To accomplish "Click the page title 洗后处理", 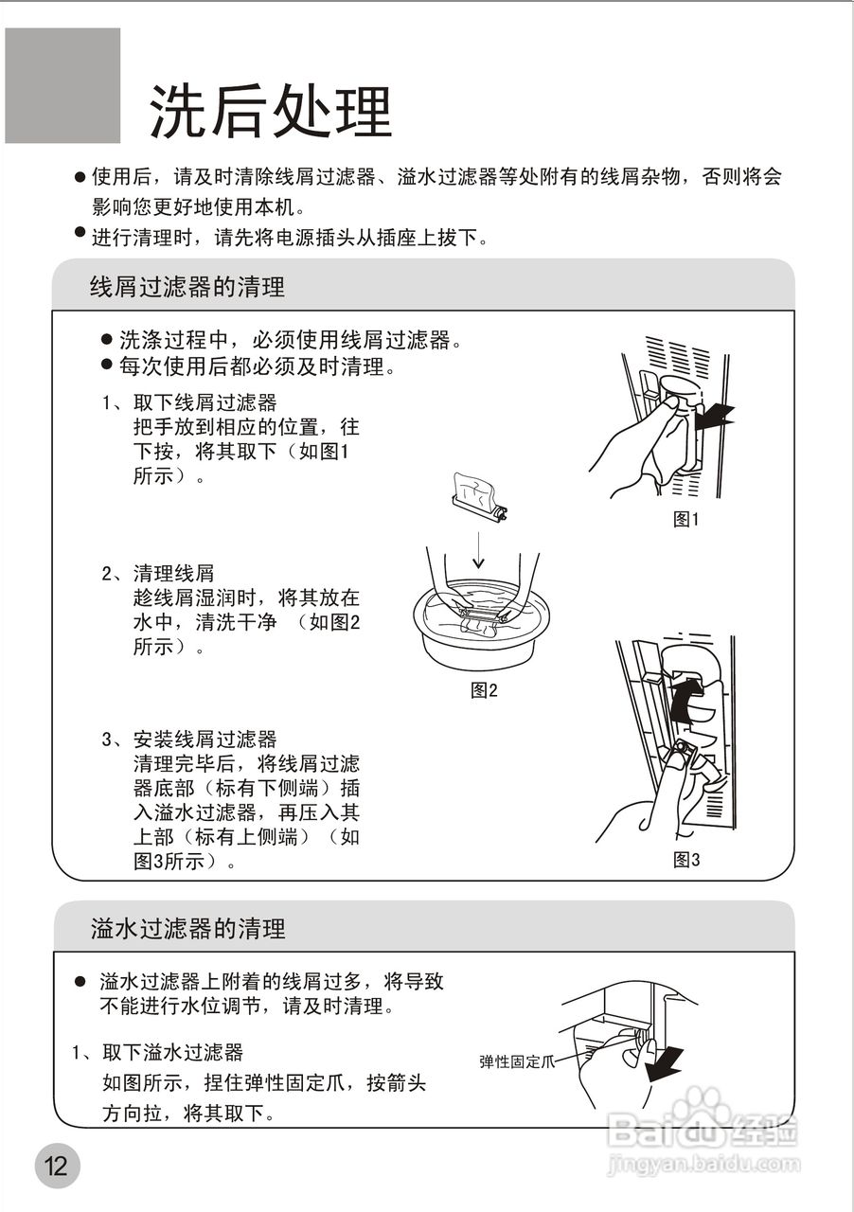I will coord(271,112).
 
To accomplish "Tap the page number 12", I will coord(57,1166).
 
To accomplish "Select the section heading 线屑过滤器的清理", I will coord(187,286).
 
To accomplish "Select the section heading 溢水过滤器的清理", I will coord(187,928).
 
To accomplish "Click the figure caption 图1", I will coord(685,519).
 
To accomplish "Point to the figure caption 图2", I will coord(484,690).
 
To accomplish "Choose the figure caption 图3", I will coord(685,860).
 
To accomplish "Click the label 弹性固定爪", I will coord(516,1061).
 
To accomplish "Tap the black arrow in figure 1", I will coord(715,414).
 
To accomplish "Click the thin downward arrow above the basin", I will coord(480,549).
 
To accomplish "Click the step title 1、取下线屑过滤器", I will coord(189,402).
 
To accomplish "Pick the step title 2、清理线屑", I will coord(158,573).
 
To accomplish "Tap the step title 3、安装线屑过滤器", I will coord(189,739).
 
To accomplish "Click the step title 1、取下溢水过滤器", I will coord(158,1052).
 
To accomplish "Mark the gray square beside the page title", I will coord(62,85).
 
